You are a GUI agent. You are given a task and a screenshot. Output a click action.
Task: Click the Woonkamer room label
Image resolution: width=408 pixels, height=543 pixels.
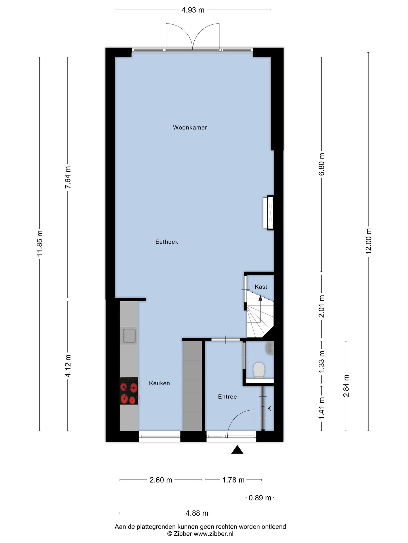pyautogui.click(x=190, y=128)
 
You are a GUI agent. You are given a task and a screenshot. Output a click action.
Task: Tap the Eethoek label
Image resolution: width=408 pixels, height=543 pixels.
pyautogui.click(x=167, y=242)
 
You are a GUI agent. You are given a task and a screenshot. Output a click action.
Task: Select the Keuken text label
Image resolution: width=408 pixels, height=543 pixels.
pyautogui.click(x=159, y=383)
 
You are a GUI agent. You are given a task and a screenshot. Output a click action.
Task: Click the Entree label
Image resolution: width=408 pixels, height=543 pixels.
pyautogui.click(x=227, y=397)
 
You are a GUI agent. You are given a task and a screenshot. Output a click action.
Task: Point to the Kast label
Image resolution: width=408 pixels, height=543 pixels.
pyautogui.click(x=261, y=287)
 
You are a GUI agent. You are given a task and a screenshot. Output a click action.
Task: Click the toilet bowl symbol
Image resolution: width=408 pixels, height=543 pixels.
pyautogui.click(x=259, y=370)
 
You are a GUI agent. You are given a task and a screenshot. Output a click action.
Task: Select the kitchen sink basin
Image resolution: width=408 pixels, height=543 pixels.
pyautogui.click(x=129, y=336)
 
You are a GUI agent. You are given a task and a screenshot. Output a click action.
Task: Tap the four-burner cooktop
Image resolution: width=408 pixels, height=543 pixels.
pyautogui.click(x=129, y=391)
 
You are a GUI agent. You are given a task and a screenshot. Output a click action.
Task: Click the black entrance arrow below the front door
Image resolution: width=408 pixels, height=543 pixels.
pyautogui.click(x=237, y=450)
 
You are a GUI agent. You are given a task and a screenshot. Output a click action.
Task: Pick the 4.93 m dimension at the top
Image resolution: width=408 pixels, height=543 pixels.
pyautogui.click(x=193, y=10)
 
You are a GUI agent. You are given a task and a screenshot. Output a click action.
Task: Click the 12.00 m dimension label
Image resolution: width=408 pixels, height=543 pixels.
pyautogui.click(x=368, y=241)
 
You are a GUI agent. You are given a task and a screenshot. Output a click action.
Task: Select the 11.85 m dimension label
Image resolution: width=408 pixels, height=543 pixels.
pyautogui.click(x=40, y=244)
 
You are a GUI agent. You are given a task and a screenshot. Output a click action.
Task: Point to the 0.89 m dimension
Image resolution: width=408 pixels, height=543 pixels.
pyautogui.click(x=260, y=498)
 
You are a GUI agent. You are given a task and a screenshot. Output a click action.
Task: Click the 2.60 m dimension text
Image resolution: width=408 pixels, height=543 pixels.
pyautogui.click(x=161, y=480)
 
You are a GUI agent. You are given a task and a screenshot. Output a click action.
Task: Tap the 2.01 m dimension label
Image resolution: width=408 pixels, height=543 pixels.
pyautogui.click(x=322, y=306)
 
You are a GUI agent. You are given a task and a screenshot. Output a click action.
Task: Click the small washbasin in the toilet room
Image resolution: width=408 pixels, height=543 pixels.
pyautogui.click(x=270, y=348)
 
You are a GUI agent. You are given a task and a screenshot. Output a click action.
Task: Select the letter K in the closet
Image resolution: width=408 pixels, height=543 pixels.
pyautogui.click(x=269, y=409)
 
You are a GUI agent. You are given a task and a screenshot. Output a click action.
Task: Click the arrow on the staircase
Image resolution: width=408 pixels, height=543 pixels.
pyautogui.click(x=260, y=298)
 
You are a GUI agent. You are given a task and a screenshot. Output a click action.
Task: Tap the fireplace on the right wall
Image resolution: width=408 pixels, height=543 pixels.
pyautogui.click(x=268, y=213)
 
